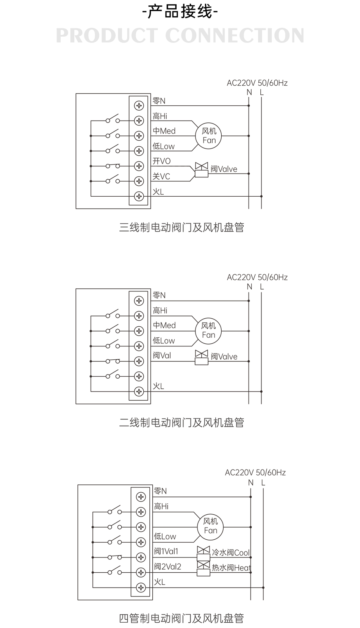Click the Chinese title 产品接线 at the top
(180, 12)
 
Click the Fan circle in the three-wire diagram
(209, 136)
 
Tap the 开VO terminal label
(161, 161)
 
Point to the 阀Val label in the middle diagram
(162, 356)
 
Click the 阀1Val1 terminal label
(166, 551)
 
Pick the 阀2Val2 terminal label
(167, 567)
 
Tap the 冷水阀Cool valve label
(231, 553)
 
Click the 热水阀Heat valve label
(231, 568)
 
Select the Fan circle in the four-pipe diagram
(210, 526)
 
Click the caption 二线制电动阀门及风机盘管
(182, 422)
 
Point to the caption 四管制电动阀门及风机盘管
(182, 618)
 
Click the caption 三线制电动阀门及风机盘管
(182, 227)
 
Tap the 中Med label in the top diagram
(164, 131)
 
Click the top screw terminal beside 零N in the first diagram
(139, 106)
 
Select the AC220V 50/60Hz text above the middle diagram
(257, 277)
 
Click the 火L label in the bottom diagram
(160, 582)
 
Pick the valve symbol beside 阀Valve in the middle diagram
(202, 357)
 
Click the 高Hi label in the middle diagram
(160, 311)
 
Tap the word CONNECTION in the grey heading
(235, 36)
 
